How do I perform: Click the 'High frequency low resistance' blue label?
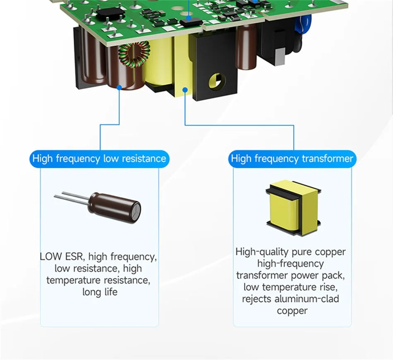click(x=100, y=159)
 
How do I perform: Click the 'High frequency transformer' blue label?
click(x=292, y=159)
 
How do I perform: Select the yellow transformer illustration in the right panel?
click(x=293, y=208)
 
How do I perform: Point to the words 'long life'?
click(x=100, y=292)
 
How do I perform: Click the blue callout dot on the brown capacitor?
click(x=119, y=87)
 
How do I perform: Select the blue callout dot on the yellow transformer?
click(x=185, y=90)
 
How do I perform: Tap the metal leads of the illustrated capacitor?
click(x=72, y=197)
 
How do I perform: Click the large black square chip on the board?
click(x=110, y=13)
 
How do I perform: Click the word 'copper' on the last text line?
click(x=292, y=311)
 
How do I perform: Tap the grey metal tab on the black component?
click(x=280, y=57)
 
